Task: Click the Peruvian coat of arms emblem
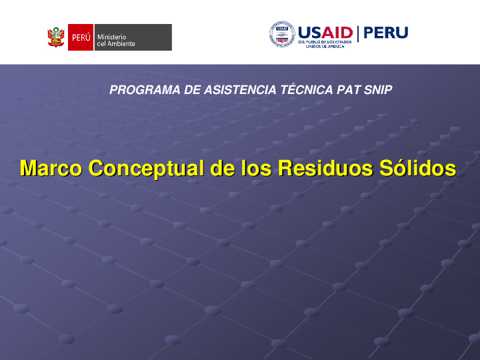(x=56, y=37)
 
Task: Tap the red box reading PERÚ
(x=81, y=37)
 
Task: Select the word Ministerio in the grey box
(x=111, y=36)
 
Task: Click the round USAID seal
(x=282, y=34)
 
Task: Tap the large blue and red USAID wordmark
(x=325, y=33)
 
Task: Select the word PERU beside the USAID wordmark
(x=385, y=33)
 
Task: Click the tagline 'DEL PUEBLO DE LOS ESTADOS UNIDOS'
(x=325, y=44)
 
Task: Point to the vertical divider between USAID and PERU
(x=358, y=33)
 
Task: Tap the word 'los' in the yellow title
(x=257, y=168)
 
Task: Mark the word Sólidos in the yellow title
(x=417, y=168)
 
